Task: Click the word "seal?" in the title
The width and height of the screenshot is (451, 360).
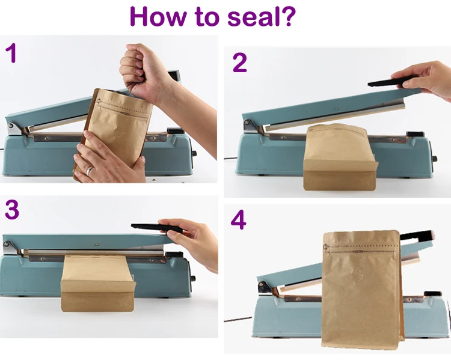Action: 261,16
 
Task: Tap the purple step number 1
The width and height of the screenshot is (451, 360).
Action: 11,53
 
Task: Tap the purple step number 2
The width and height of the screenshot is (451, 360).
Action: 239,63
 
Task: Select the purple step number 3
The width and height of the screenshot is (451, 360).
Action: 12,209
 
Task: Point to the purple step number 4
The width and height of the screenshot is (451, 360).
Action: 239,219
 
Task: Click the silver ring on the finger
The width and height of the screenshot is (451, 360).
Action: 90,171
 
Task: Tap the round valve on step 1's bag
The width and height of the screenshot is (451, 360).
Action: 119,133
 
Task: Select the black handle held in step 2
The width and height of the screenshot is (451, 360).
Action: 393,81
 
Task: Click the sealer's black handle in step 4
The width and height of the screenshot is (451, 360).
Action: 417,236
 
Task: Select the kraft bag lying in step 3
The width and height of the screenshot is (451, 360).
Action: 98,283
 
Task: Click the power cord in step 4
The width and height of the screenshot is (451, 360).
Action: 238,319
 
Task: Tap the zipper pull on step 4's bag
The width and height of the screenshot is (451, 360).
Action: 326,248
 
